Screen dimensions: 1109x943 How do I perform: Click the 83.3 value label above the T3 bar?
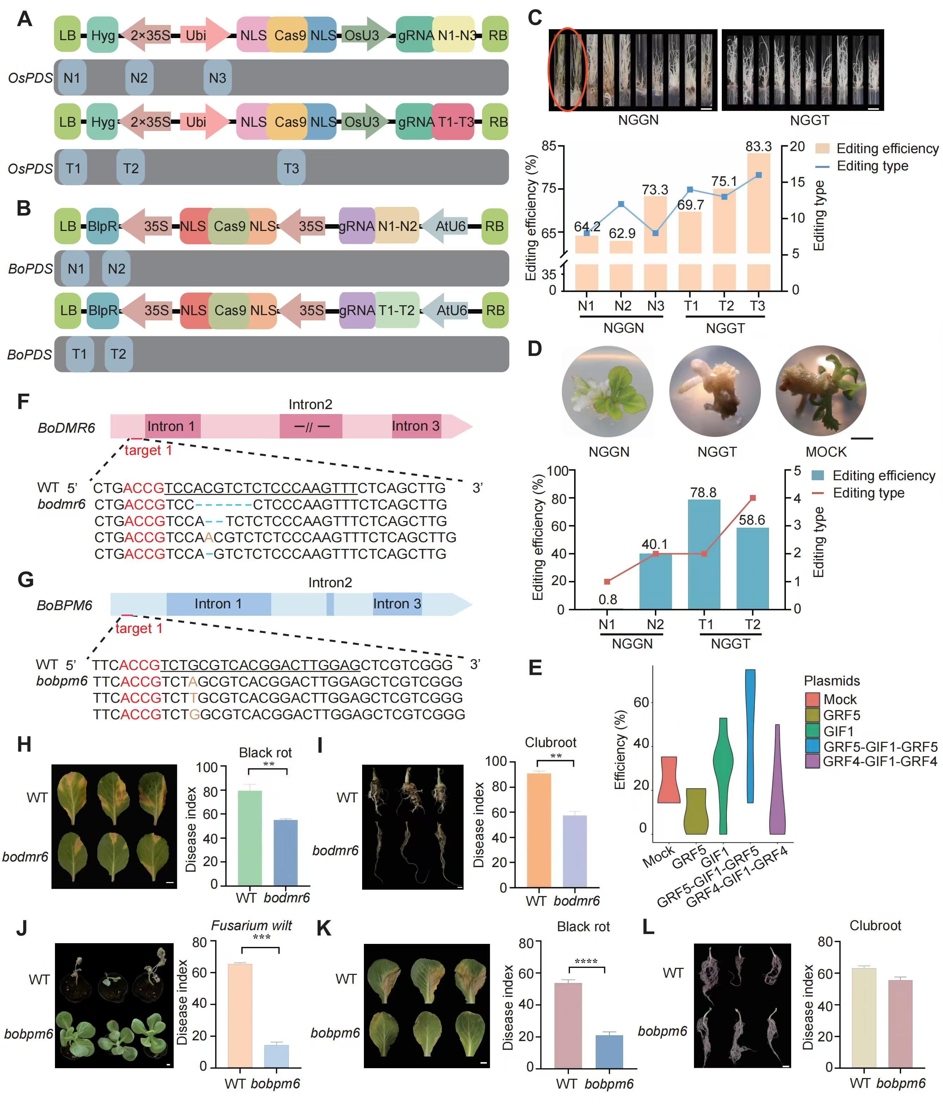[x=758, y=146]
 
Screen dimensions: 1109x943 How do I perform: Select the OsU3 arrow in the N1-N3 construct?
[x=364, y=35]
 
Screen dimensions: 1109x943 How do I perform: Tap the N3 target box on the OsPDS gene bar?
[x=218, y=78]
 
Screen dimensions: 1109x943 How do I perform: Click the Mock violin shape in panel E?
[x=667, y=779]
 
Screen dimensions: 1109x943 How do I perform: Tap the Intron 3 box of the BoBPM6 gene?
[x=397, y=604]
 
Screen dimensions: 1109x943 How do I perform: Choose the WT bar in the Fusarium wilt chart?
[x=240, y=1015]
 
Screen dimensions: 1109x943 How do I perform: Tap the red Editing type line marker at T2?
[x=753, y=498]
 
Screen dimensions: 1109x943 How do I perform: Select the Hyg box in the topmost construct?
[x=102, y=35]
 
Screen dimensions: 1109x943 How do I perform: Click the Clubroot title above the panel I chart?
[x=550, y=743]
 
